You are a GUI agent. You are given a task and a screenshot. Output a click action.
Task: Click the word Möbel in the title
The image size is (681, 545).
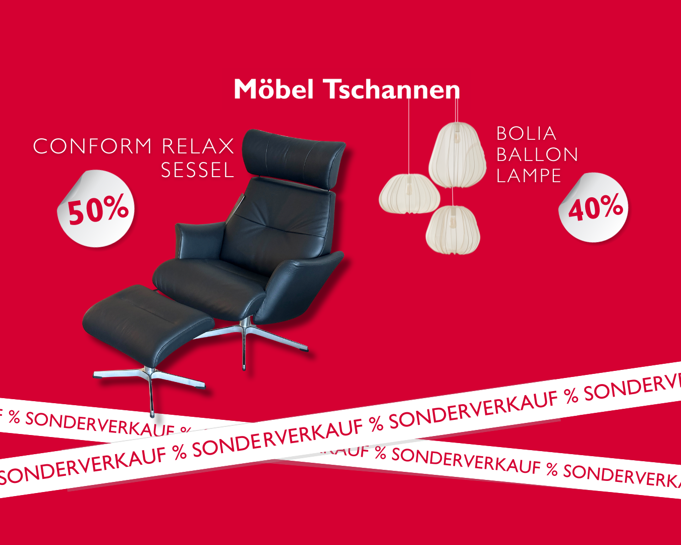point(274,89)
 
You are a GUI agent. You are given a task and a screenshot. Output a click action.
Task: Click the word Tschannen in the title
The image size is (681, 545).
point(391,89)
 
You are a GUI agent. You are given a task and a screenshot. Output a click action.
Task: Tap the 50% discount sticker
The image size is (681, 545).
point(96,209)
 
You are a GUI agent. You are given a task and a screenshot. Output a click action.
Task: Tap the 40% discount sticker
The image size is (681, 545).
point(594,207)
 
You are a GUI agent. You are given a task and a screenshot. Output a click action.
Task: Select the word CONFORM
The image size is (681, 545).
point(92,146)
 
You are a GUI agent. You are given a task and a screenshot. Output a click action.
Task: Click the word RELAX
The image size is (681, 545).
point(198,146)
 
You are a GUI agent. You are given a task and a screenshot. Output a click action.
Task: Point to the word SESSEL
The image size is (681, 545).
point(198,171)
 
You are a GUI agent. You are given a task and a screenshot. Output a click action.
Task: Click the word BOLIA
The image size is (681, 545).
point(526,134)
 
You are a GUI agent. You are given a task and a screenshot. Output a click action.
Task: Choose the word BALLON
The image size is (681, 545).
point(537,154)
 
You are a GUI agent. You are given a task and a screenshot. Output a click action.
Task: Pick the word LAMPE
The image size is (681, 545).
point(529,176)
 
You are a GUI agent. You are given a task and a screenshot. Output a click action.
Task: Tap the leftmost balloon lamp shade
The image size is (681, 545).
point(409,194)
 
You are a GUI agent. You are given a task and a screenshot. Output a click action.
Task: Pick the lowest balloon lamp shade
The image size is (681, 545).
point(452,230)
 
